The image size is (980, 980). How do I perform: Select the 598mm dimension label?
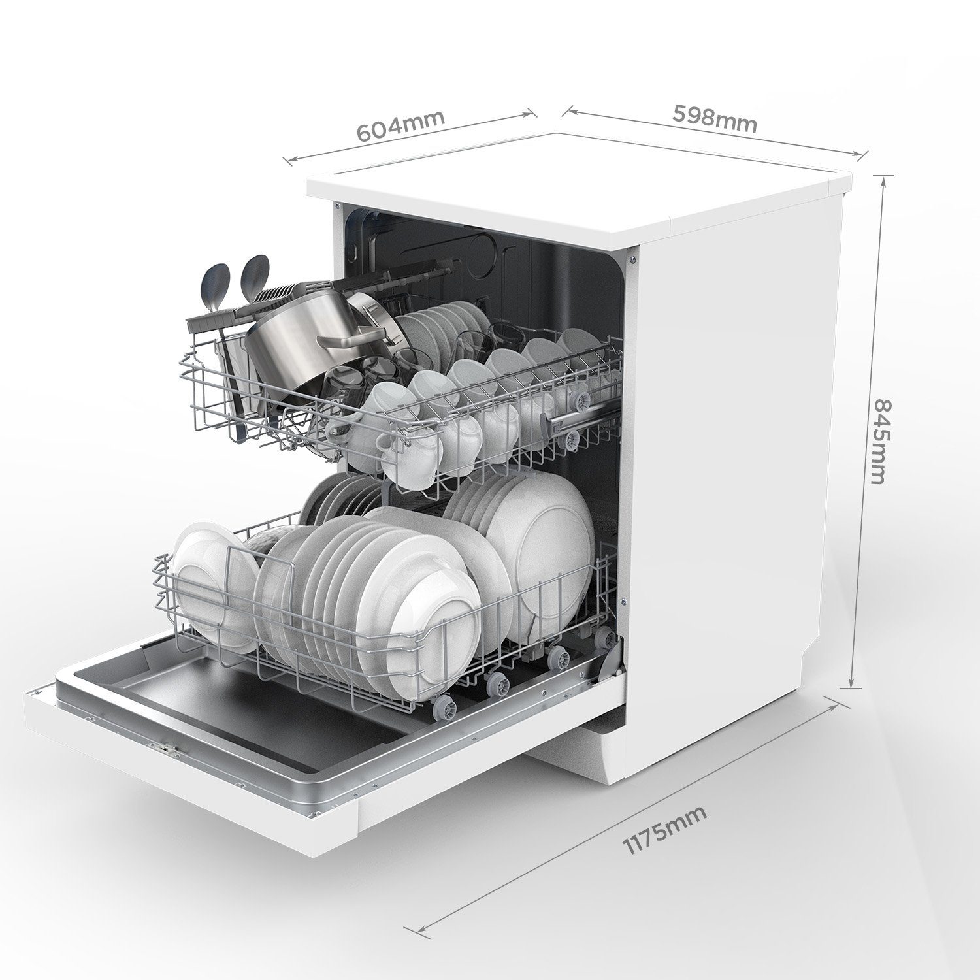click(715, 118)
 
